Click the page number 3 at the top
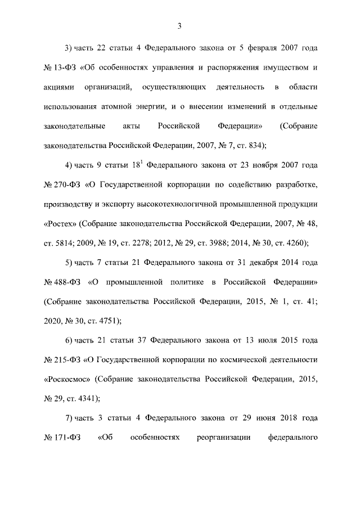180,25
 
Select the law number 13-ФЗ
65,69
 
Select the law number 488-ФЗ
67,283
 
